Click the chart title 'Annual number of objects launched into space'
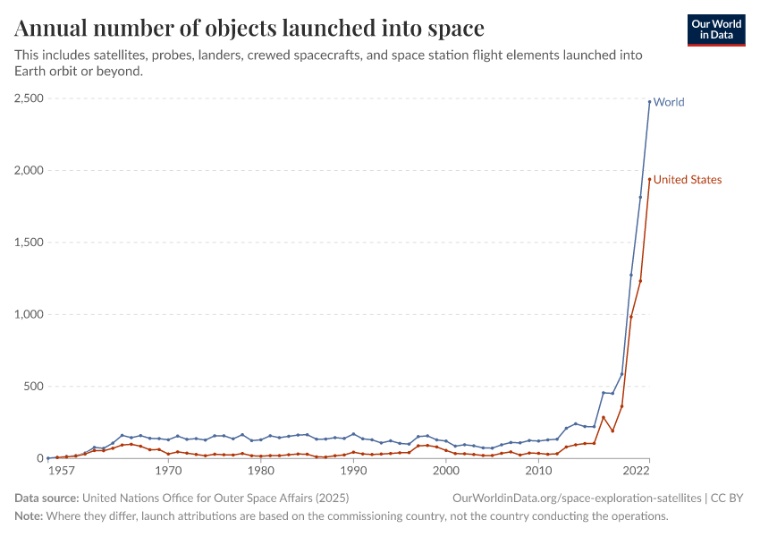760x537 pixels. pyautogui.click(x=249, y=28)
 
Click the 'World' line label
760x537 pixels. pyautogui.click(x=669, y=102)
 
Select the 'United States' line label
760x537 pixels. pyautogui.click(x=688, y=180)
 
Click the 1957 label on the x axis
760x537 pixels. pyautogui.click(x=62, y=471)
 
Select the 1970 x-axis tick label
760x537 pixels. pyautogui.click(x=167, y=471)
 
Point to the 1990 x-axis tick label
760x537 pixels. pyautogui.click(x=353, y=471)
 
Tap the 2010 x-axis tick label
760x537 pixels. pyautogui.click(x=538, y=471)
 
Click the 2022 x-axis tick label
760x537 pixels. pyautogui.click(x=637, y=471)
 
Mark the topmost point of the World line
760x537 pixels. pyautogui.click(x=650, y=102)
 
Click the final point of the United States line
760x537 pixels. pyautogui.click(x=650, y=179)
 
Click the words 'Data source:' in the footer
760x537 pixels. pyautogui.click(x=46, y=498)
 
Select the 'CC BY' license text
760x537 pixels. pyautogui.click(x=728, y=498)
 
